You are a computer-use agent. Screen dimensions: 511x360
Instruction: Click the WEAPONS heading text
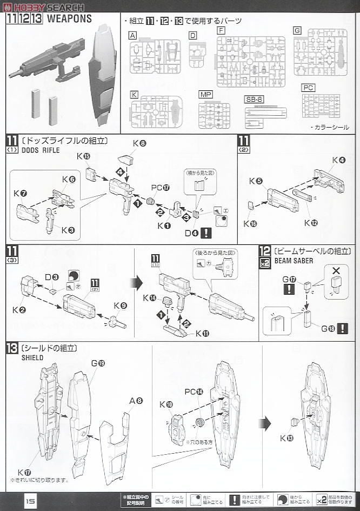click(69, 18)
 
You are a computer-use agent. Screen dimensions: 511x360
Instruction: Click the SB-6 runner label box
click(253, 100)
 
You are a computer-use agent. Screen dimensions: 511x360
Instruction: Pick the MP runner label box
click(206, 94)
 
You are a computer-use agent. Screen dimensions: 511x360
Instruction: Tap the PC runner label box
click(309, 88)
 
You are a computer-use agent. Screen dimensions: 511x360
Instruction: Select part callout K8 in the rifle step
click(139, 143)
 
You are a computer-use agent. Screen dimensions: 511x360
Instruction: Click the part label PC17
click(161, 188)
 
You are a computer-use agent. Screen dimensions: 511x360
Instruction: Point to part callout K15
click(83, 156)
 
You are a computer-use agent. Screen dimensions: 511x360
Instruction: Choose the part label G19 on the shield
click(97, 363)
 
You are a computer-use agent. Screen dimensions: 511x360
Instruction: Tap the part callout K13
click(287, 438)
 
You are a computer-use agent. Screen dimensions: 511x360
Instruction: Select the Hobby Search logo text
click(43, 7)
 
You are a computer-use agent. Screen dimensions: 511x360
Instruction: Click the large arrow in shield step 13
click(264, 423)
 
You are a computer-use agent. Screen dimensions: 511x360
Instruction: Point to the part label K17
click(24, 471)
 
